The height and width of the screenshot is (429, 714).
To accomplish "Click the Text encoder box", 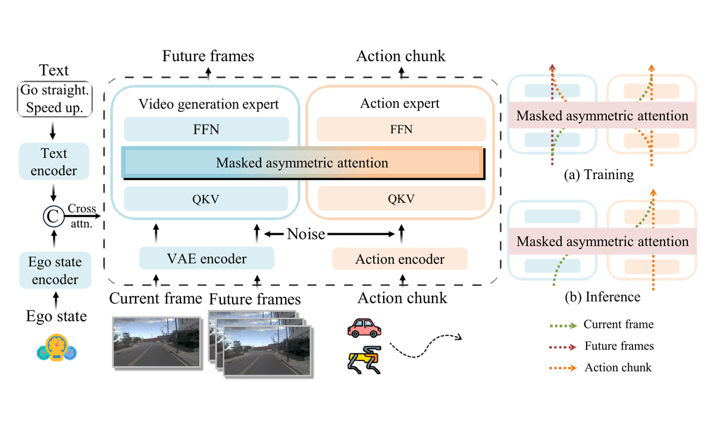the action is click(x=54, y=161).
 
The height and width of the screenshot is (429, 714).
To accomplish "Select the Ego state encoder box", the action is click(x=55, y=270).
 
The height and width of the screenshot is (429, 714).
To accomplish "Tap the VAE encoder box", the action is click(x=206, y=258).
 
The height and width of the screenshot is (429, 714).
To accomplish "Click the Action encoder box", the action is click(x=400, y=259).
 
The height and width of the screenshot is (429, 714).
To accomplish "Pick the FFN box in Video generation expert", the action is click(x=206, y=129).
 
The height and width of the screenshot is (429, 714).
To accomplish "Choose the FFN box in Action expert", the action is click(x=401, y=129).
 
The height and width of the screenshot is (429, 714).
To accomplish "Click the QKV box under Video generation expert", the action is click(x=206, y=199).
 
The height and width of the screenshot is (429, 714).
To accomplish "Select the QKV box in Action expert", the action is click(x=401, y=198).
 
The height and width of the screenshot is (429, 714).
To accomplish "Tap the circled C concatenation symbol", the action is click(x=53, y=216).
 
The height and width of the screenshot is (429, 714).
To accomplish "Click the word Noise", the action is click(x=306, y=234).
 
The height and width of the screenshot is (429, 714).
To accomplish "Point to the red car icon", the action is click(x=364, y=328).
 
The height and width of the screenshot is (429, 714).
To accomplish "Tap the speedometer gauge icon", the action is click(x=57, y=347).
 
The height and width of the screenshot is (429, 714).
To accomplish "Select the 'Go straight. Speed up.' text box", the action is click(x=55, y=99).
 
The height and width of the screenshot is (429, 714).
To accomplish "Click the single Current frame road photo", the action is click(x=156, y=342).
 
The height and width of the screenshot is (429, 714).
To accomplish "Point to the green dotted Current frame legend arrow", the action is click(x=563, y=325).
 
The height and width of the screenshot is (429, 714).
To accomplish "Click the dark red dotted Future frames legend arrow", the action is click(x=563, y=347).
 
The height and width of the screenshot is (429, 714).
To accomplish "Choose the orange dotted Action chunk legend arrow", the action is click(x=563, y=368).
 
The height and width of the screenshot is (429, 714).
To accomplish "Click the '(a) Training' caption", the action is click(x=599, y=175).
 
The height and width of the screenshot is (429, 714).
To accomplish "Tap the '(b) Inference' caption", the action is click(x=602, y=297).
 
